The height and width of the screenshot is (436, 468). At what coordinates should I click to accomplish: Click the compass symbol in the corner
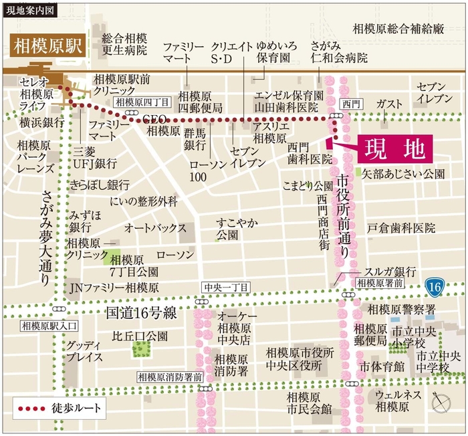(x=442, y=403)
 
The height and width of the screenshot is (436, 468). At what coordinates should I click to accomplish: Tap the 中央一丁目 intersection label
(x=225, y=287)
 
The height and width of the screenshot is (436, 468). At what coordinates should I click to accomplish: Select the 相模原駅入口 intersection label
(x=49, y=326)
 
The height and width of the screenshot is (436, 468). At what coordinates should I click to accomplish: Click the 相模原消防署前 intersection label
(x=170, y=377)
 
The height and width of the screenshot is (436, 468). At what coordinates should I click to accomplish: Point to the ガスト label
(x=389, y=104)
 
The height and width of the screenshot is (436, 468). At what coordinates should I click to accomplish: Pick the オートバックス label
(x=155, y=228)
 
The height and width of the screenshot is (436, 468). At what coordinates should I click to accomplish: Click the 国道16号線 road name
(x=140, y=312)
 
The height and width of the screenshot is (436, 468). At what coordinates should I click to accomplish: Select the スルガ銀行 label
(x=390, y=271)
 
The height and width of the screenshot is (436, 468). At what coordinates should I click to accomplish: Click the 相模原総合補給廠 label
(x=398, y=28)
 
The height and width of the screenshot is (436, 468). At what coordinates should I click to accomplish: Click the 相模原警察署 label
(x=401, y=309)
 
